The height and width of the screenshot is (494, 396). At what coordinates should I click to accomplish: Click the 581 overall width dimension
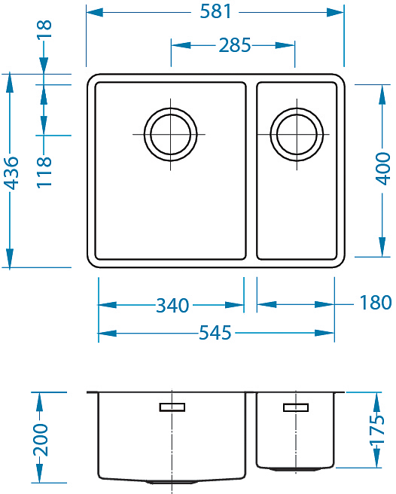[216, 11]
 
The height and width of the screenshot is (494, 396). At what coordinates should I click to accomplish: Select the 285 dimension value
[235, 45]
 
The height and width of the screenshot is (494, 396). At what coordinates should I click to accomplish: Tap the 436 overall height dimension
[13, 173]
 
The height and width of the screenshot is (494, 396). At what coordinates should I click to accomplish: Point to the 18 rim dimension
[44, 29]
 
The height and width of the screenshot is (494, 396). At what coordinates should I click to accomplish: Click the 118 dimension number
[44, 172]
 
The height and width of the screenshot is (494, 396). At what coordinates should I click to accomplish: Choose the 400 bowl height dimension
[383, 169]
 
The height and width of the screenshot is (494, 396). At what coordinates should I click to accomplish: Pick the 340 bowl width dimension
[172, 305]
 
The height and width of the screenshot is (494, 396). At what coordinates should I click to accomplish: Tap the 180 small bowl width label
[376, 303]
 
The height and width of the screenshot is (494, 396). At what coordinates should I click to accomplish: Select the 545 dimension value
[215, 333]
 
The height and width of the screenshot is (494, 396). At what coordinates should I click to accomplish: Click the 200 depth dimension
[41, 440]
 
